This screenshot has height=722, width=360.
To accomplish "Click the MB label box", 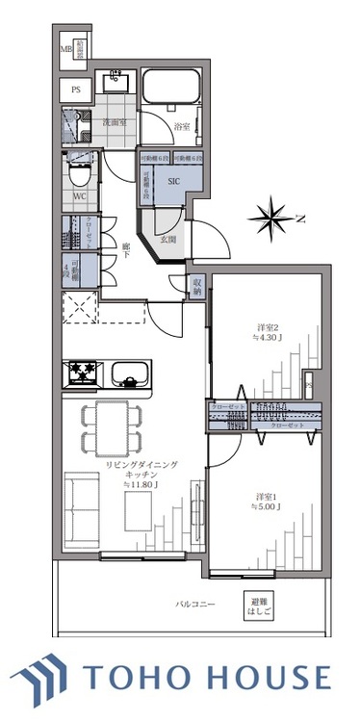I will [66, 50].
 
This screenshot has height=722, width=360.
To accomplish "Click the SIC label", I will [173, 180].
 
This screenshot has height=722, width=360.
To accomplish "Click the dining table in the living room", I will [112, 428].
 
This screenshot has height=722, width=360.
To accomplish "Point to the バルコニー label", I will [195, 605].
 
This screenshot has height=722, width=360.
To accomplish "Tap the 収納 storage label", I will [196, 286].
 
